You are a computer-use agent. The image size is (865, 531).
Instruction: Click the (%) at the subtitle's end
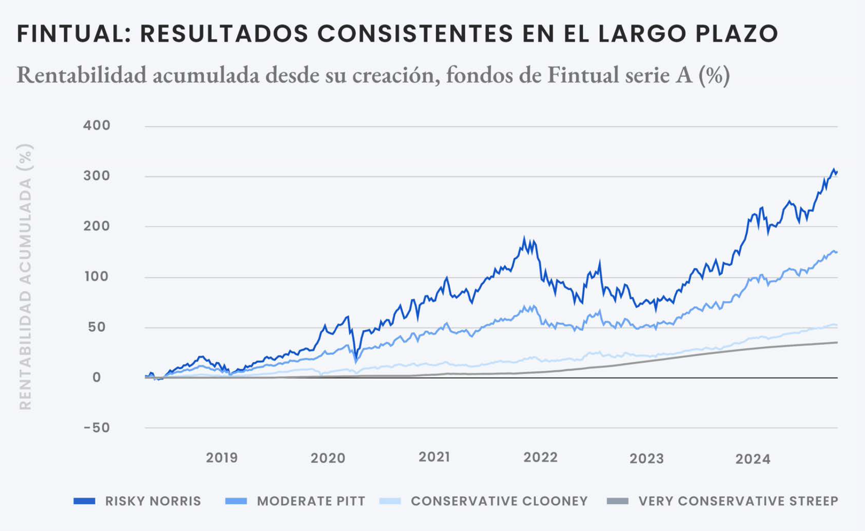tap(714, 76)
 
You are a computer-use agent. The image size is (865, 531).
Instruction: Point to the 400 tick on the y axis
tap(97, 126)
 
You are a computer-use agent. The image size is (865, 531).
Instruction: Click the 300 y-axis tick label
tap(97, 176)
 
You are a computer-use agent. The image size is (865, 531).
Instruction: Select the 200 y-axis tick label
tap(97, 226)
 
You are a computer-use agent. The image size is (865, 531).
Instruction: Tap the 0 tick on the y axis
tap(97, 378)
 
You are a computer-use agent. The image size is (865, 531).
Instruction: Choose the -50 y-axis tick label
tap(97, 428)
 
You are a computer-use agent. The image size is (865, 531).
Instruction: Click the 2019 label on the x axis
tap(222, 457)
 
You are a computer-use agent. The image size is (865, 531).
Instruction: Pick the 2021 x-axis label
tap(434, 457)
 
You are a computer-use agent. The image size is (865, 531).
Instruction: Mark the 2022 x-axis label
tap(540, 457)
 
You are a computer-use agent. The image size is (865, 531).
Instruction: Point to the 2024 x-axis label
tap(753, 459)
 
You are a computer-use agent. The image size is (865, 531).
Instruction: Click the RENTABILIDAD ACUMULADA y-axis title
tap(25, 277)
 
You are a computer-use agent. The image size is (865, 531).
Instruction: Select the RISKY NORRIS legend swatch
tap(84, 501)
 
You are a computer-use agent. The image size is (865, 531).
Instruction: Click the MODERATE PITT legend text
tap(311, 501)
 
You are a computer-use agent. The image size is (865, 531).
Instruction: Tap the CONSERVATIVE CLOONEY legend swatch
tap(390, 501)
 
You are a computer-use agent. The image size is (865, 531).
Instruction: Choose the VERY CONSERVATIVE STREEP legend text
tap(738, 501)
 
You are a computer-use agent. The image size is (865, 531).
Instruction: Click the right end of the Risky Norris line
tap(837, 172)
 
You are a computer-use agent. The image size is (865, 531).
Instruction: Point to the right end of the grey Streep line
tap(837, 342)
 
